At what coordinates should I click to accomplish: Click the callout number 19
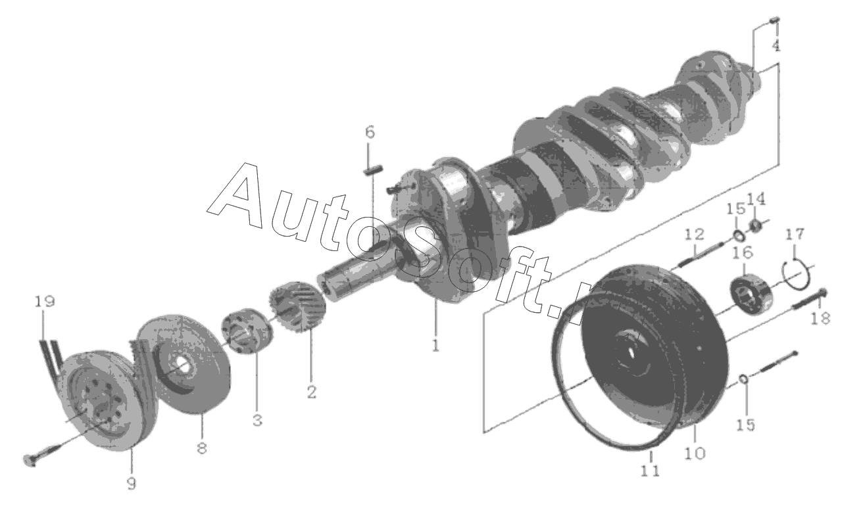(x=45, y=301)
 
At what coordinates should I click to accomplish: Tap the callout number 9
(x=132, y=484)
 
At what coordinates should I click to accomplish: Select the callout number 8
(x=201, y=448)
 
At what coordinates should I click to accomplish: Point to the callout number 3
(x=257, y=420)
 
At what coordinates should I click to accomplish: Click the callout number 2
(x=311, y=392)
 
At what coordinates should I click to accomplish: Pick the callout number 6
(x=370, y=132)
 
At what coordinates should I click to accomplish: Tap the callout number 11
(x=651, y=471)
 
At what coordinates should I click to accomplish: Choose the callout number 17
(x=795, y=234)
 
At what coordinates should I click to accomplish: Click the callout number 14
(x=756, y=199)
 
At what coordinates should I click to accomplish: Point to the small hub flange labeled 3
(x=247, y=331)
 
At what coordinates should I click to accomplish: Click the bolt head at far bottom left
(x=30, y=460)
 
